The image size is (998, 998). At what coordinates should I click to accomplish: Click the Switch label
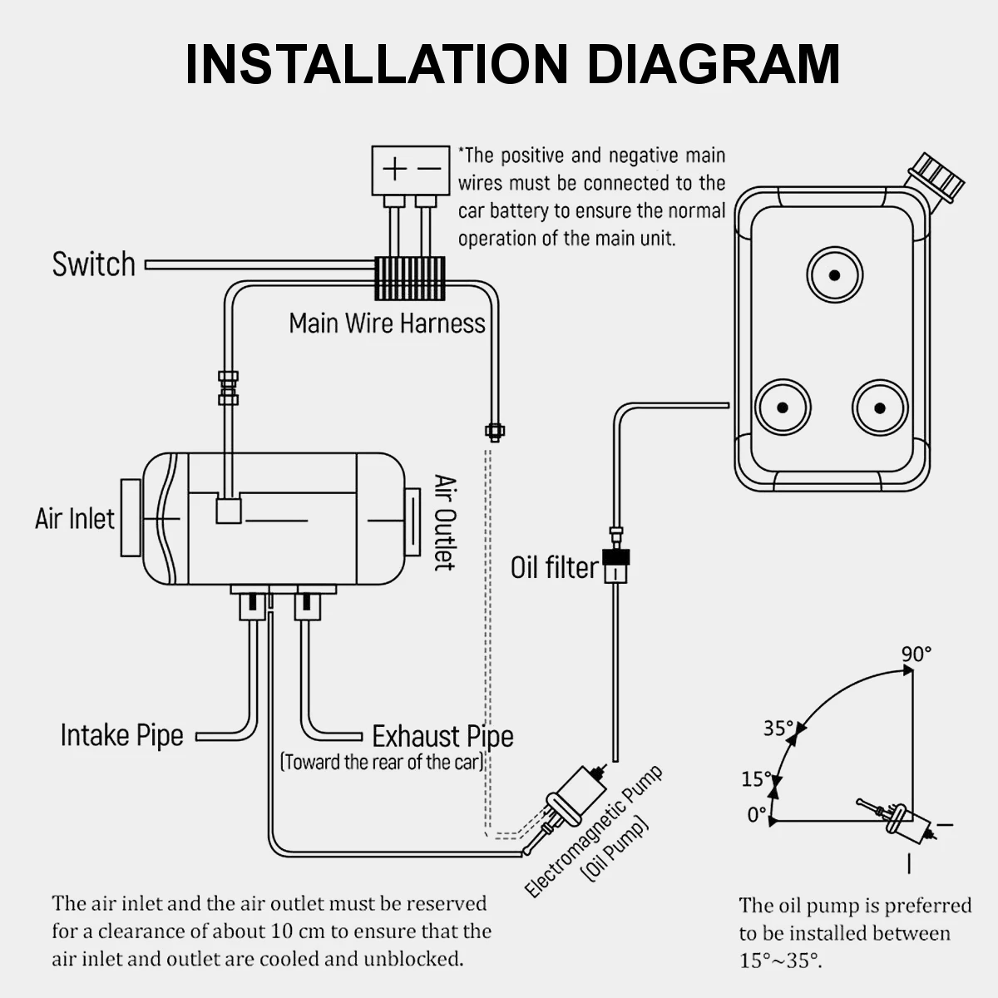93,264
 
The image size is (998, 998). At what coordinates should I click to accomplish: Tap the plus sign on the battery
394,170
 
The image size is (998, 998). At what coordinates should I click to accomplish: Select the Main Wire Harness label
387,323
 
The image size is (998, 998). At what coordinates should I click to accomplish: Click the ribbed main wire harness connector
409,278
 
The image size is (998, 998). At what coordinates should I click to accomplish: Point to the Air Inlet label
75,519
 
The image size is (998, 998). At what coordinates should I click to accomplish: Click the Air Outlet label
446,522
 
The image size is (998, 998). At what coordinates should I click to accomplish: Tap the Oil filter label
554,568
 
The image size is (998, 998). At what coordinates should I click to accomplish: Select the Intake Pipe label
122,735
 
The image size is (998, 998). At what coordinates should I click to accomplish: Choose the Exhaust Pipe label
442,736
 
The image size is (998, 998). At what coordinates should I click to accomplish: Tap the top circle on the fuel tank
834,275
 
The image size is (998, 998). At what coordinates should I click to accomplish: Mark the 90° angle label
916,655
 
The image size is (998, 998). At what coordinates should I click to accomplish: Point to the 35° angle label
778,729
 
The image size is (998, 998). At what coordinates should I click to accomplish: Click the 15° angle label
757,779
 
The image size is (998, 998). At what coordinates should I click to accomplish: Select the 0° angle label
756,815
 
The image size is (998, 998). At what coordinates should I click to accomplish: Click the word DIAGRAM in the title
714,64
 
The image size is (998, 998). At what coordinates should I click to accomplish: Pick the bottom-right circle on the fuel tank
880,408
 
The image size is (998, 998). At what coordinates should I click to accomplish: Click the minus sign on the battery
429,170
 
